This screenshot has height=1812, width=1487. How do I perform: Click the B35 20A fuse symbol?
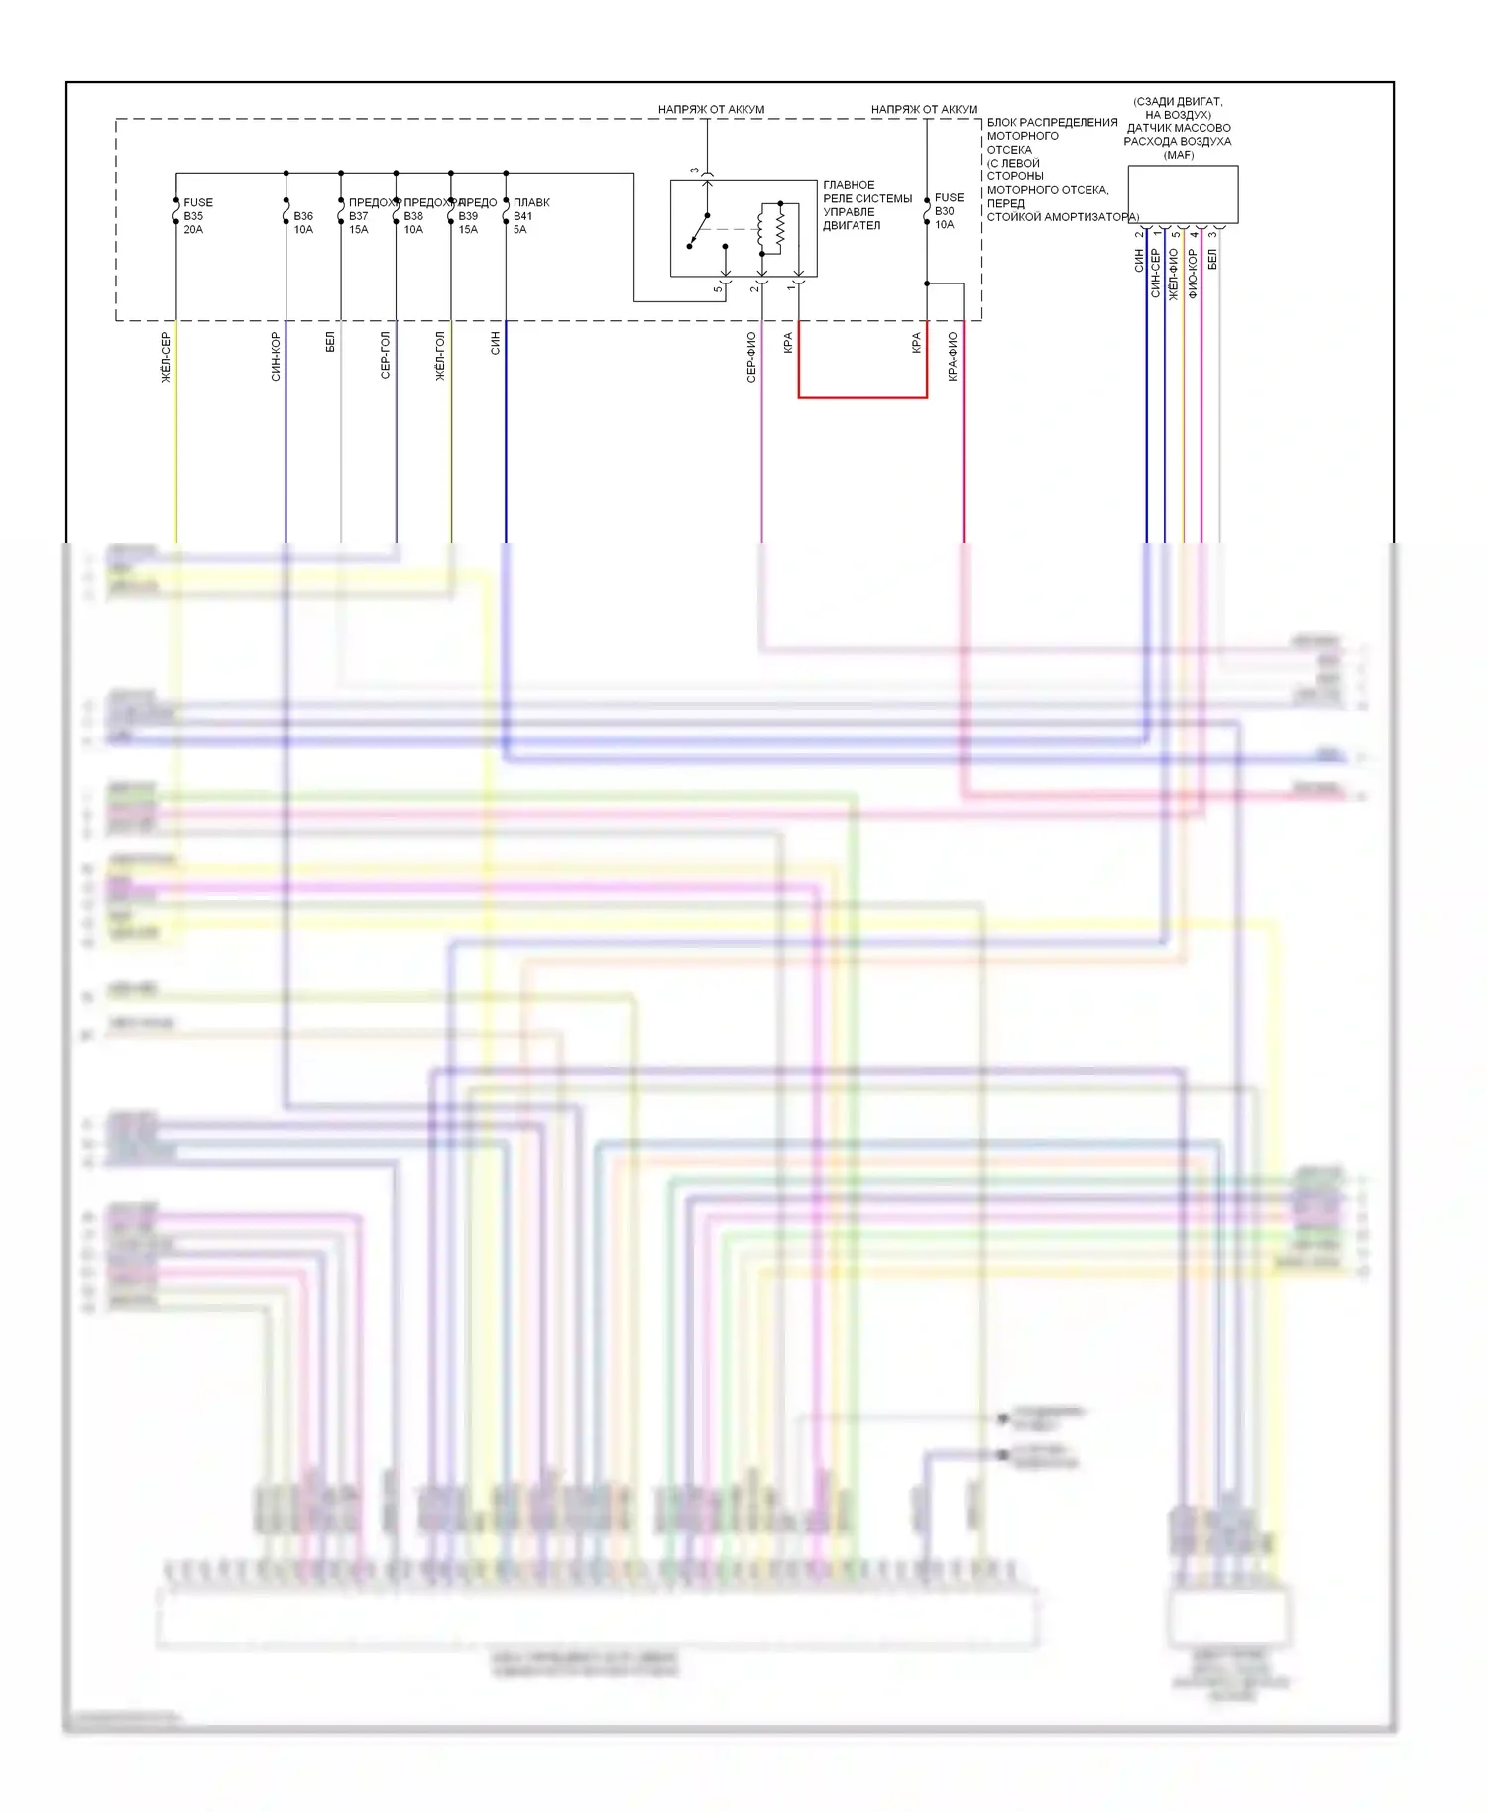tap(176, 213)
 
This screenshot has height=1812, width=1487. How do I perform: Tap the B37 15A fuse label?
tap(358, 216)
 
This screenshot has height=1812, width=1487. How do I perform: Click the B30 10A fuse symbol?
tap(927, 211)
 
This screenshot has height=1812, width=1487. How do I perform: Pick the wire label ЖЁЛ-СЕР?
tap(166, 358)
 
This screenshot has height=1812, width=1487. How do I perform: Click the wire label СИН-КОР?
tap(276, 357)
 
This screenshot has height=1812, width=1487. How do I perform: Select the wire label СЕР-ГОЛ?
tap(386, 356)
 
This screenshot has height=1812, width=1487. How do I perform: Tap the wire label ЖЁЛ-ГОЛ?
tap(440, 356)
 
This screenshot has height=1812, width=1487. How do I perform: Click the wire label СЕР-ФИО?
tap(751, 357)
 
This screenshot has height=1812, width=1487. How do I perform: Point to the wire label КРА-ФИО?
tap(953, 357)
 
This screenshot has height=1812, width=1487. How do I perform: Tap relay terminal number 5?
tap(718, 288)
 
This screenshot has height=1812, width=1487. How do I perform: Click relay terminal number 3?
tap(694, 171)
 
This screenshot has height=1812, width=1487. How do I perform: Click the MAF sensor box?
tap(1183, 194)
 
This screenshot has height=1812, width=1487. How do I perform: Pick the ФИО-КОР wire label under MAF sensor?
tap(1193, 273)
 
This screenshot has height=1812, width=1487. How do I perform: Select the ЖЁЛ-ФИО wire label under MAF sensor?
tap(1174, 274)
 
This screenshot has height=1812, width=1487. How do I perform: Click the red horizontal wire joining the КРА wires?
tap(862, 397)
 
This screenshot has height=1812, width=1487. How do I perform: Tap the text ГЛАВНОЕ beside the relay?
tap(849, 185)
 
